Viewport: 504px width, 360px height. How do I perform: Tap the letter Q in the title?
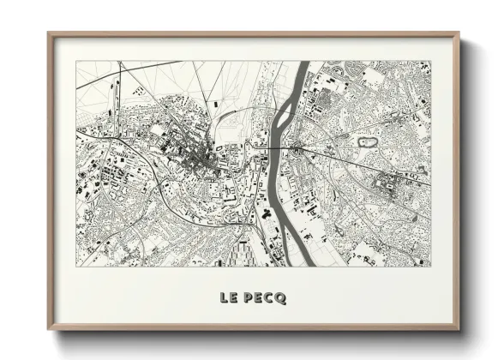pyautogui.click(x=282, y=298)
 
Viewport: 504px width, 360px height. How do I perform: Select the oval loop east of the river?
pyautogui.click(x=368, y=140)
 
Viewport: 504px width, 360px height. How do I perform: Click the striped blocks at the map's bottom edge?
pyautogui.click(x=243, y=251)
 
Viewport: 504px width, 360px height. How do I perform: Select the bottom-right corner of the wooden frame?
pyautogui.click(x=459, y=330)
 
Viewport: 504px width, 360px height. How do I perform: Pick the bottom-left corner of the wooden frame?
pyautogui.click(x=49, y=330)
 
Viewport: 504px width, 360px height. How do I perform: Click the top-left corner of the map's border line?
pyautogui.click(x=76, y=61)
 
